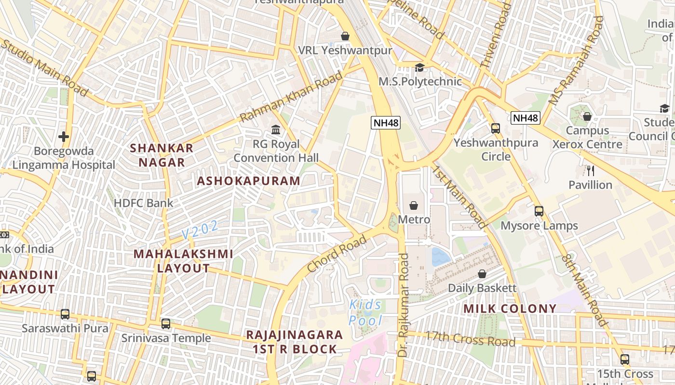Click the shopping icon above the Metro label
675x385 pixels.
tap(414, 206)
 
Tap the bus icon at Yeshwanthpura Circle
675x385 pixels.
tap(495, 128)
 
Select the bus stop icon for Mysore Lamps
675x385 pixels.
tap(539, 211)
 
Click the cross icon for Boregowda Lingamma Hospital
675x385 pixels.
tap(64, 137)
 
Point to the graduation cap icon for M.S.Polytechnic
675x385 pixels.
tap(419, 68)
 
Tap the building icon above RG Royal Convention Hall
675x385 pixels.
tap(276, 130)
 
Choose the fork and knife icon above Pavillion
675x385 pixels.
tap(590, 170)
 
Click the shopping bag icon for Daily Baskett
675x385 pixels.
tap(482, 274)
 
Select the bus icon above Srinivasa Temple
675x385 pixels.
tap(166, 324)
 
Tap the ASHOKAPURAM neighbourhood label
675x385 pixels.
tap(248, 181)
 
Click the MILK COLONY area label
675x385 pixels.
tap(510, 308)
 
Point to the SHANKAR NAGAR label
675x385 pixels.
tap(162, 155)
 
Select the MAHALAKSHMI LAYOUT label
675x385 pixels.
tap(183, 261)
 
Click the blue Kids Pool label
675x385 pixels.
tap(365, 312)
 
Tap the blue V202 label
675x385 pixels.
tap(200, 230)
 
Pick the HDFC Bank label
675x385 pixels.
tap(143, 203)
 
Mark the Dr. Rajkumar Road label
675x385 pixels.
tap(403, 306)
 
